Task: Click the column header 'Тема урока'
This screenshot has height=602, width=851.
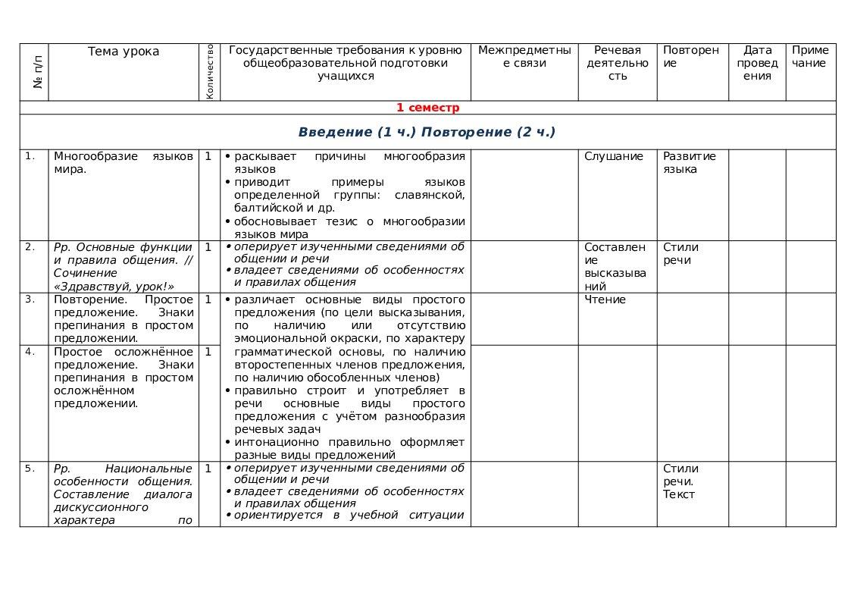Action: [x=124, y=52]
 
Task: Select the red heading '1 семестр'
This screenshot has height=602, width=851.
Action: [x=427, y=108]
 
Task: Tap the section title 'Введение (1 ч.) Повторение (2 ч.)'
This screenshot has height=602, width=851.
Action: [x=427, y=132]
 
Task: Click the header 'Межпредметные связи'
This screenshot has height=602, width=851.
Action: [x=524, y=57]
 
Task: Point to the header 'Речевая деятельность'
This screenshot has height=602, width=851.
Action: [x=618, y=63]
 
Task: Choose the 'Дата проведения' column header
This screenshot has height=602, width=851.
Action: [x=757, y=63]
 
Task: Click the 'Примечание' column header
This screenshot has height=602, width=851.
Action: [x=809, y=57]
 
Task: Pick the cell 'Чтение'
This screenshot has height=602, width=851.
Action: [x=605, y=299]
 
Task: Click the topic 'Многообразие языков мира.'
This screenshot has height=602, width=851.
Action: [x=124, y=163]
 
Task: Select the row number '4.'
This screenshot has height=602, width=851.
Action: [x=30, y=352]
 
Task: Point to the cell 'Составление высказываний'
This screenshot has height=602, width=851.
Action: [x=615, y=267]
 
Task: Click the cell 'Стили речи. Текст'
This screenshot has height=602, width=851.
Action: [x=680, y=481]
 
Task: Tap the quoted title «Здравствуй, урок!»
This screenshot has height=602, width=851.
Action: [x=114, y=287]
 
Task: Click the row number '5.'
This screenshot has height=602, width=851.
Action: [x=30, y=469]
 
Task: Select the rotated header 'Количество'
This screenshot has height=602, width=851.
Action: [x=210, y=72]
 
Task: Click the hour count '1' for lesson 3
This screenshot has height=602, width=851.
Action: [x=208, y=299]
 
